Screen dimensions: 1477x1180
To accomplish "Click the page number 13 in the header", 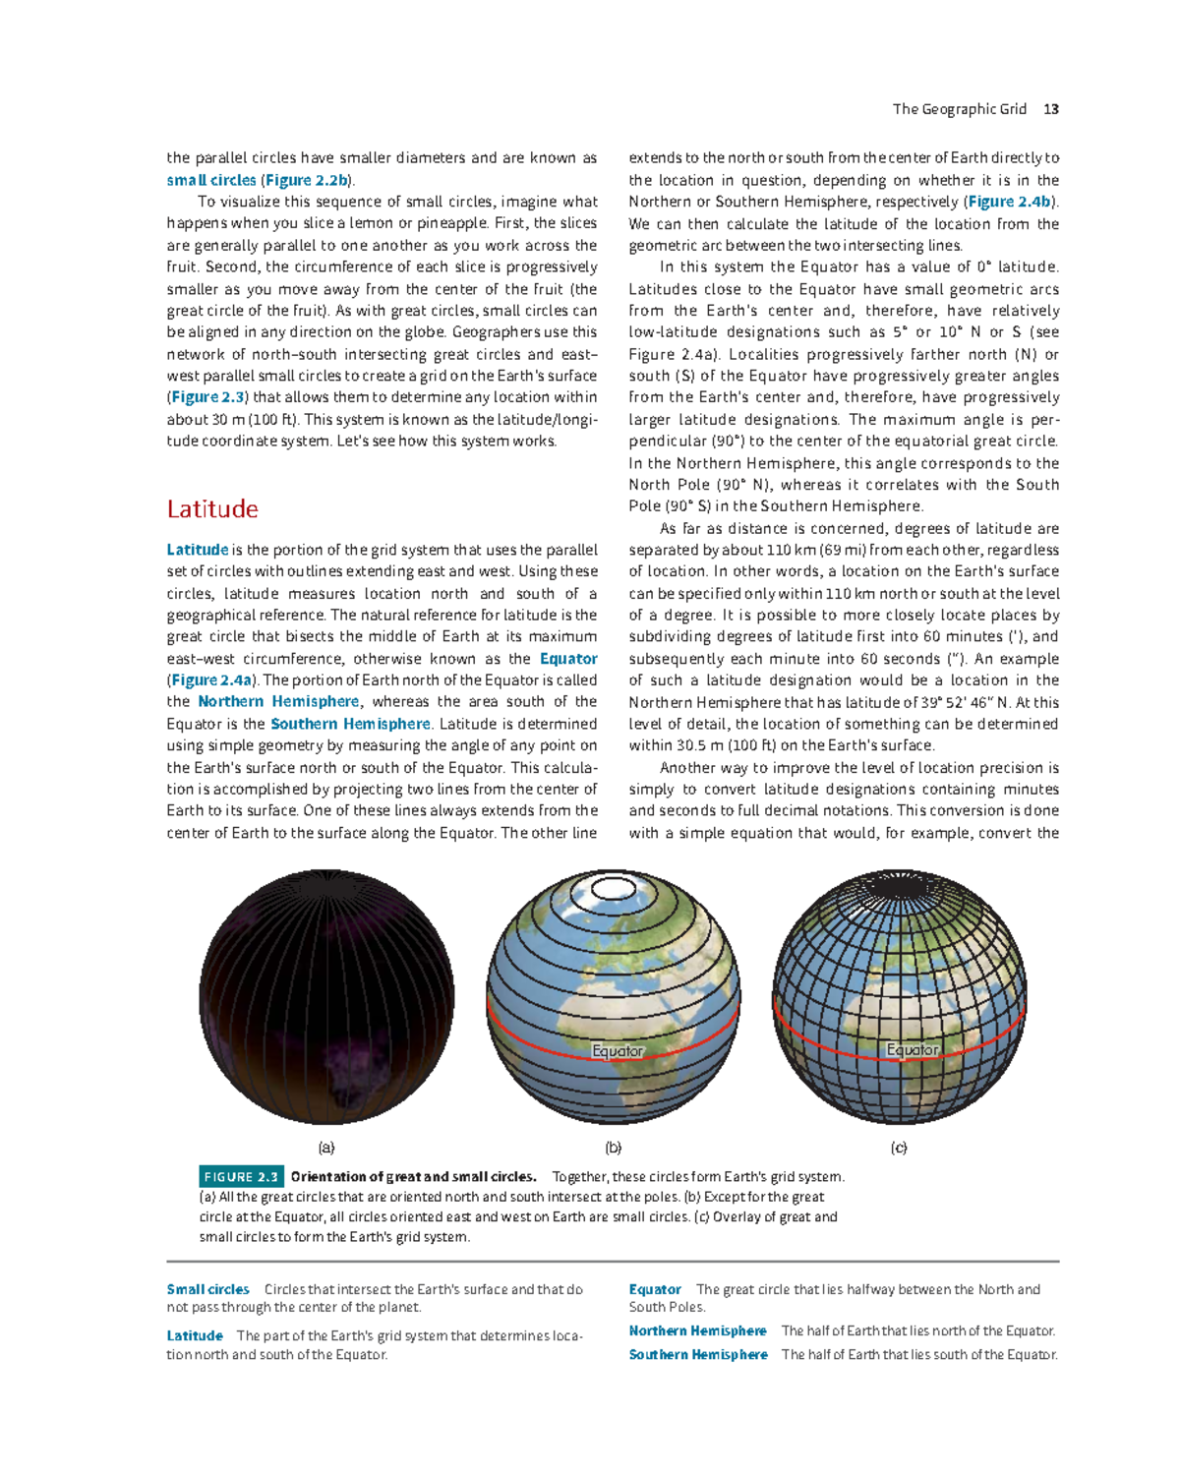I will click(x=1051, y=109).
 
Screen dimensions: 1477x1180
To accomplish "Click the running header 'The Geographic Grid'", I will click(x=959, y=109).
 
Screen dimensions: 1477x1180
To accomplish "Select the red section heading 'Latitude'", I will click(x=212, y=508).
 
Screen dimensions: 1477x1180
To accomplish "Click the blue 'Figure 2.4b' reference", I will click(x=1010, y=202).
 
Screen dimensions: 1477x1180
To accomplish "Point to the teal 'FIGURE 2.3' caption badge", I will click(x=241, y=1177).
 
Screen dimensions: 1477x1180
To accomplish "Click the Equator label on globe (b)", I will click(x=617, y=1051).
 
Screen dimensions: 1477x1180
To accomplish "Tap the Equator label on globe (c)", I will click(x=912, y=1050).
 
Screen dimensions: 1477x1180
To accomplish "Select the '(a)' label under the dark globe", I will click(x=326, y=1148).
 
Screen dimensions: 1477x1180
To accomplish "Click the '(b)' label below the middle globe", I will click(x=614, y=1148).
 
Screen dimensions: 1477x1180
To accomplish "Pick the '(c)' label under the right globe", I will click(x=899, y=1148).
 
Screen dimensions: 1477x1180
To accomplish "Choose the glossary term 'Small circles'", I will click(x=207, y=1289).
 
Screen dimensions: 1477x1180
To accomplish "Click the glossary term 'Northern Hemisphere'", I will click(x=697, y=1330).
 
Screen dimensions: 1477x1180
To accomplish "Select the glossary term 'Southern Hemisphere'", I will click(x=698, y=1354).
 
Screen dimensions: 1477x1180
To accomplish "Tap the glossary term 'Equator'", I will click(x=655, y=1289).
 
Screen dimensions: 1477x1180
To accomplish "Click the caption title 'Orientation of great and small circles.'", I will click(x=413, y=1177).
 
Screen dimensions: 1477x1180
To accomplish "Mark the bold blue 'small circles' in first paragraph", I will click(x=211, y=180).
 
